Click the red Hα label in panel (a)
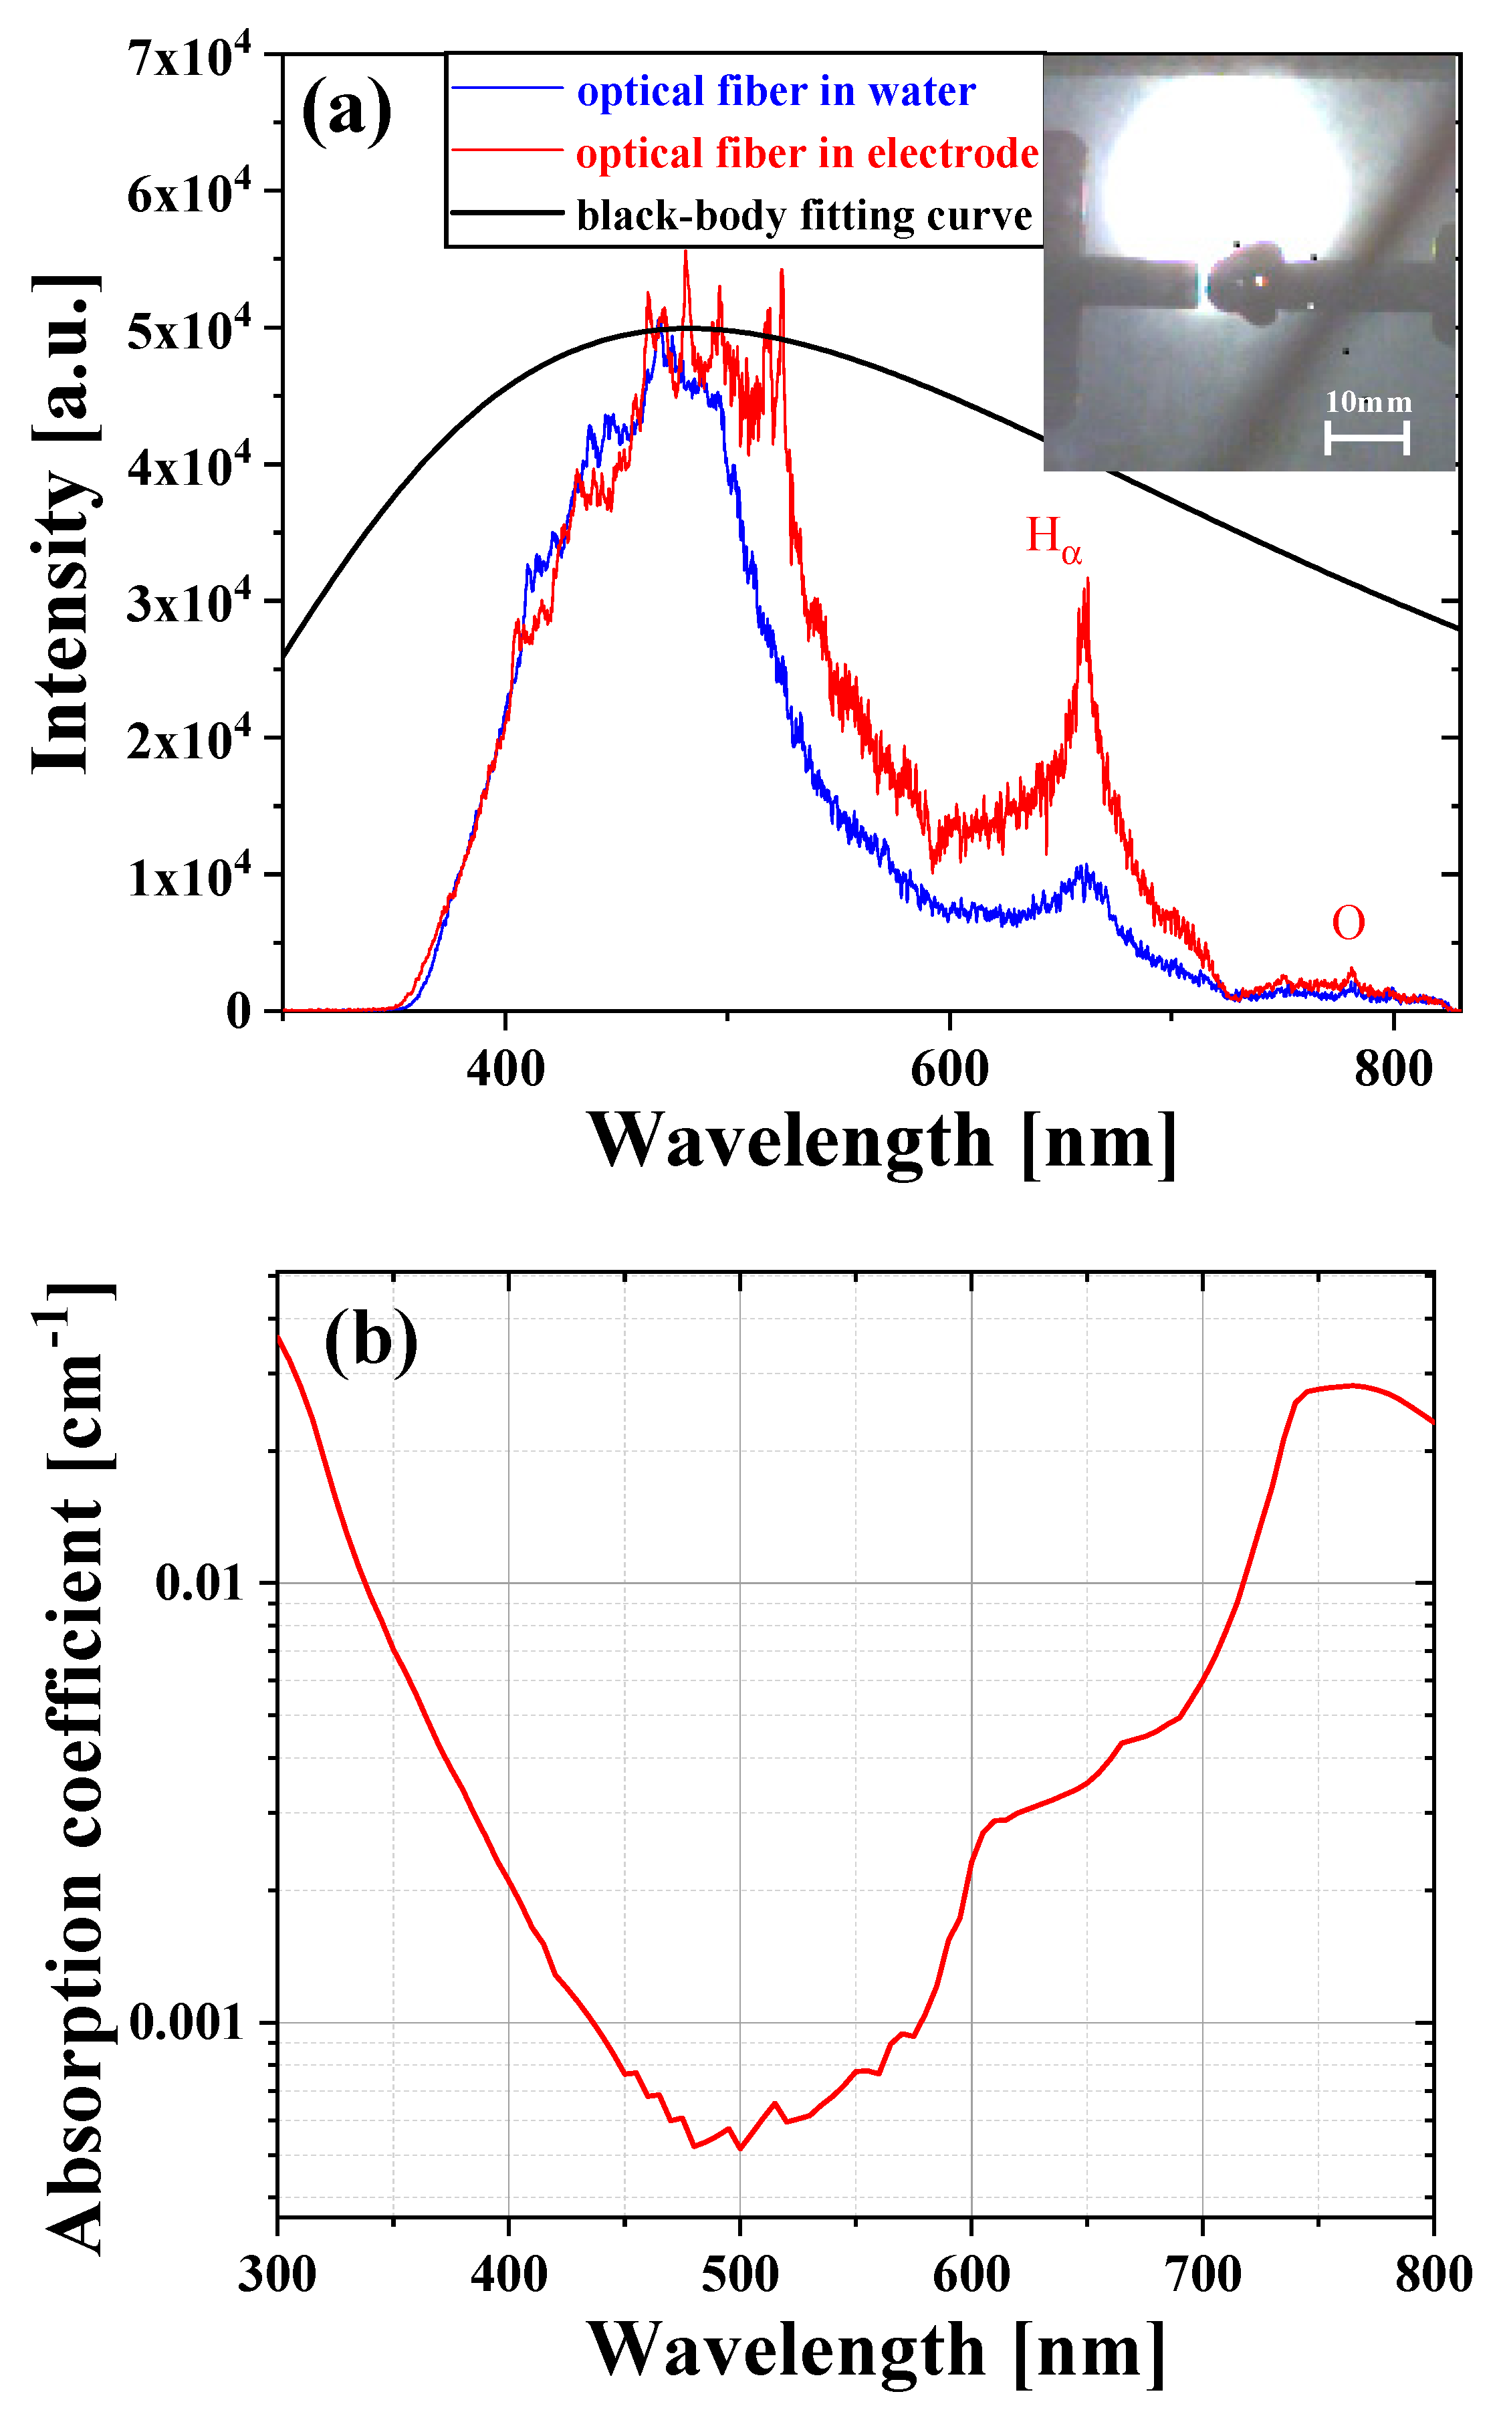click(x=1053, y=539)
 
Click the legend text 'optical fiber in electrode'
click(x=807, y=154)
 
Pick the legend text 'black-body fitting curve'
click(x=804, y=216)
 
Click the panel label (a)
click(x=347, y=111)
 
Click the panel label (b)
click(x=371, y=1341)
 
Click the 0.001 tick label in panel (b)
click(x=187, y=2022)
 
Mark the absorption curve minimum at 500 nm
click(x=739, y=2149)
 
